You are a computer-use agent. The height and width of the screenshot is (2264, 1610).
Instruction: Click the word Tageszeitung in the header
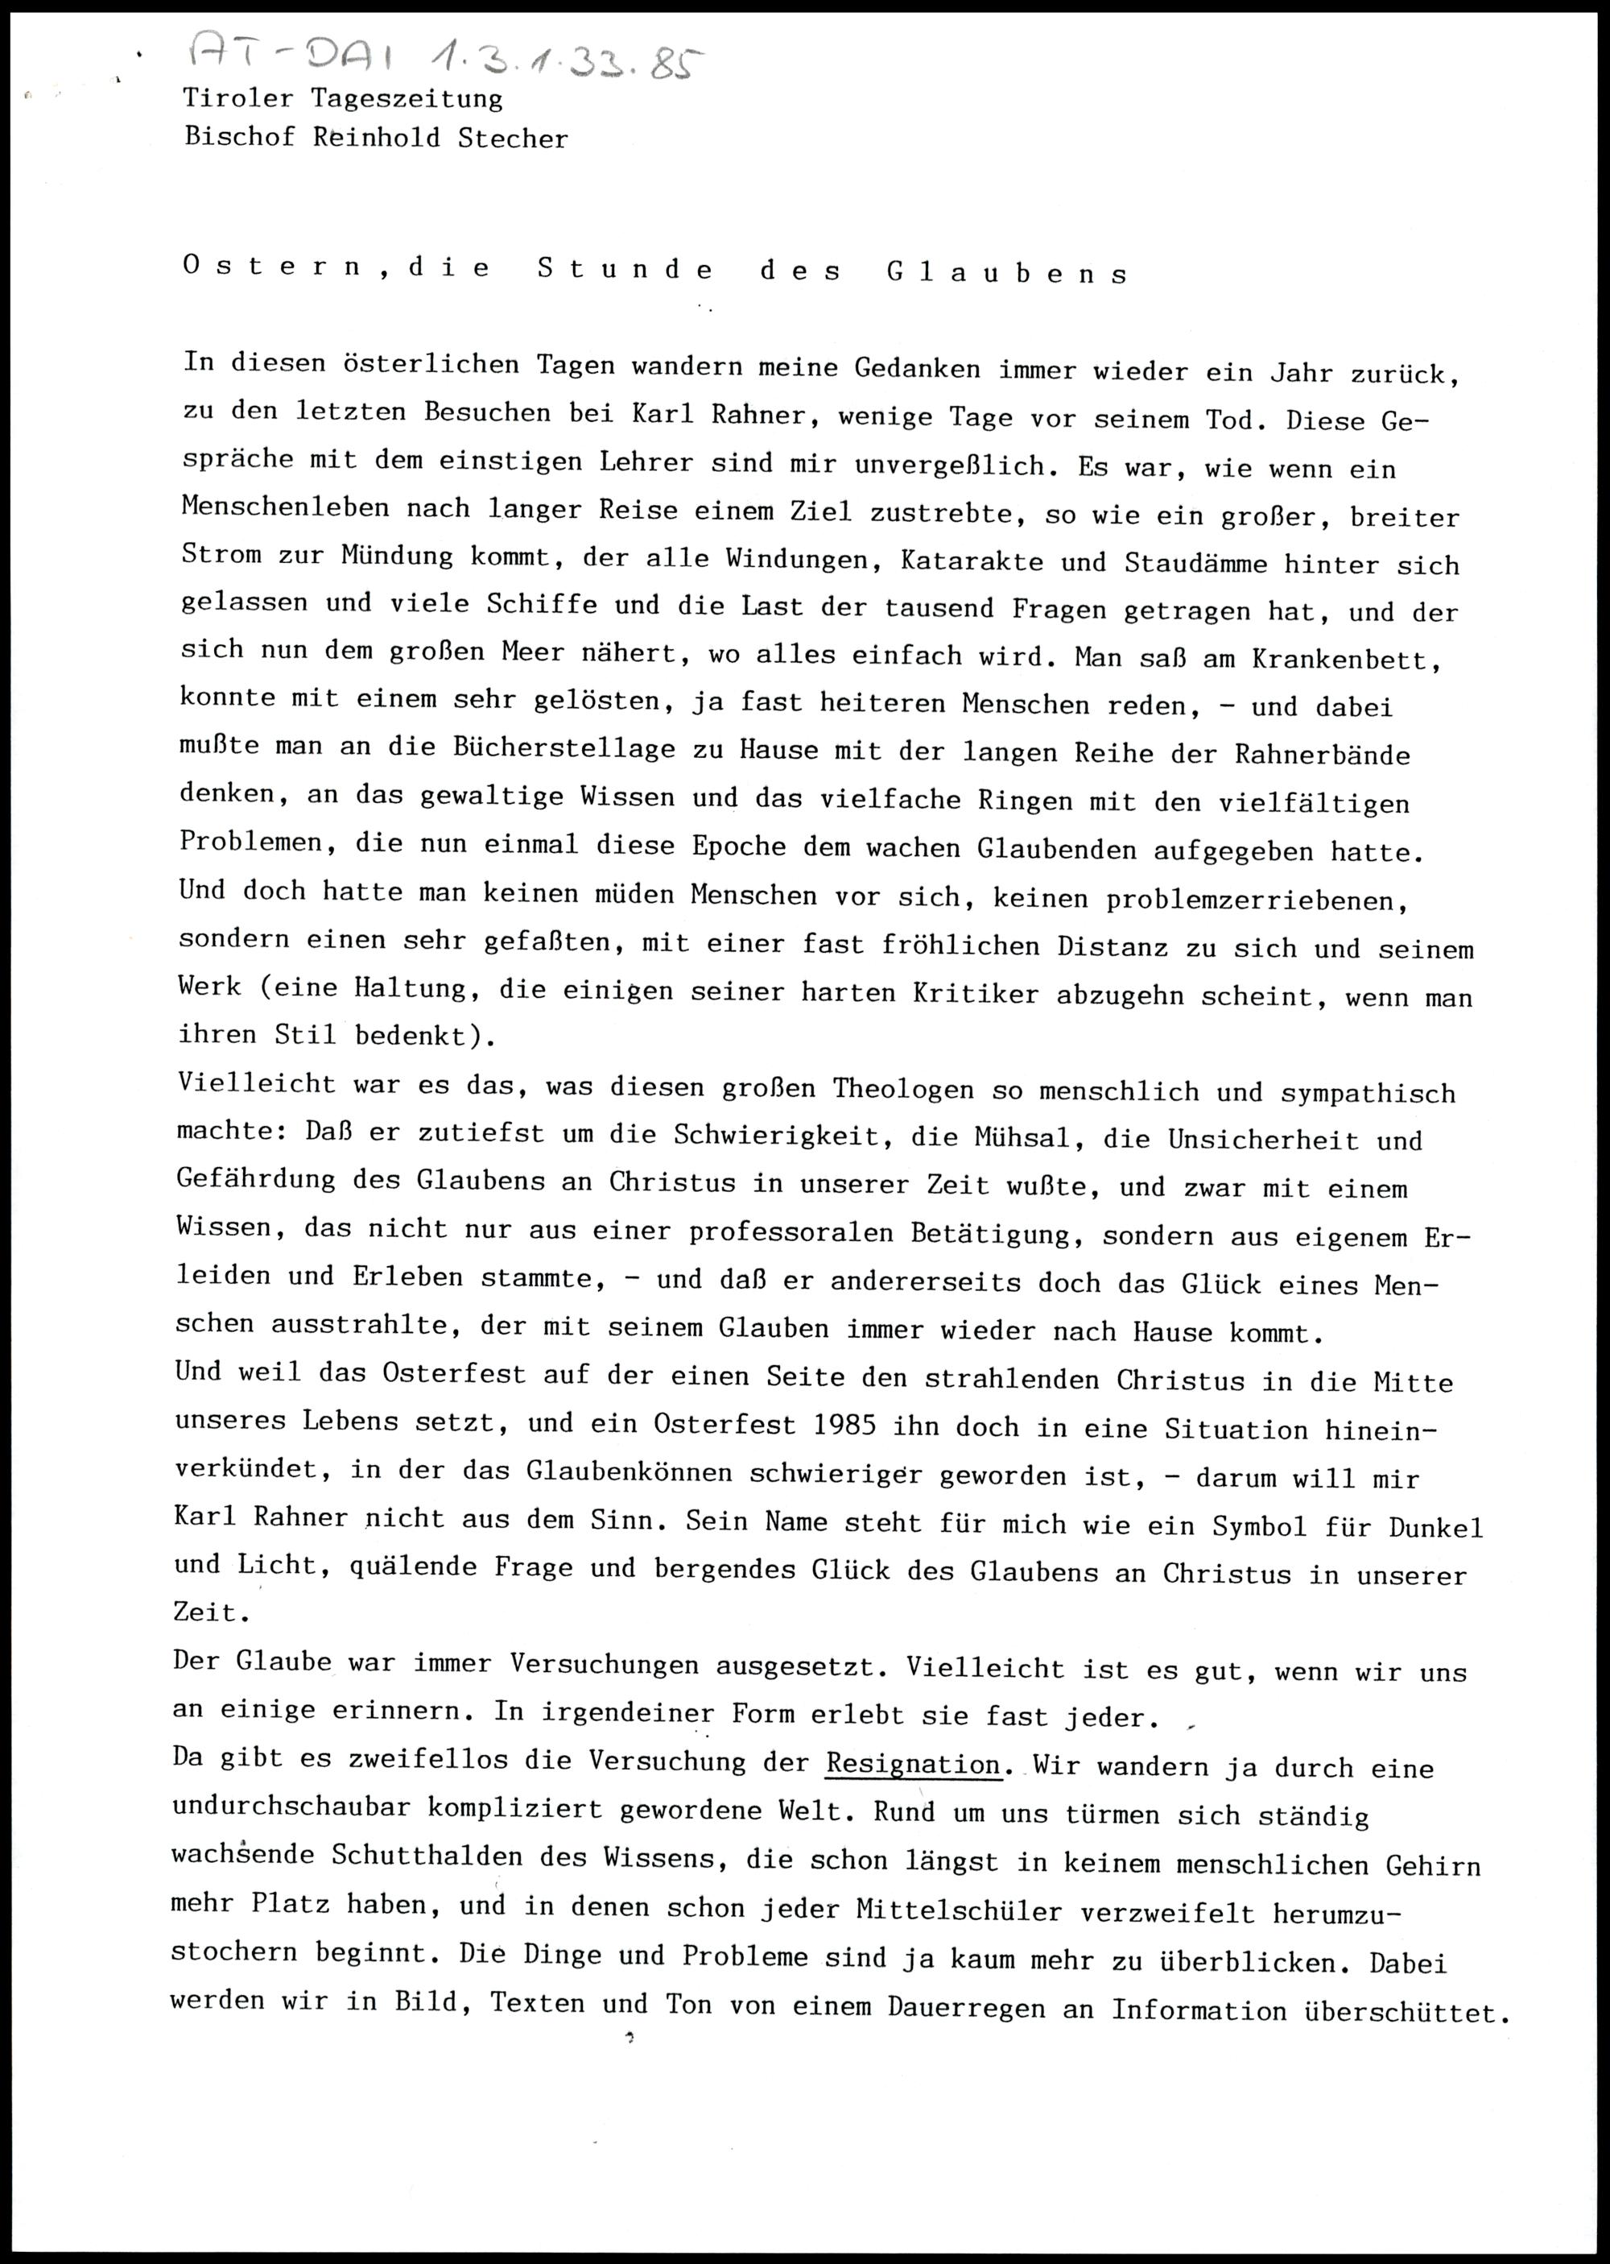407,99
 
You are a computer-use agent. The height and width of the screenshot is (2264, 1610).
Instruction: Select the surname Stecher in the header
513,138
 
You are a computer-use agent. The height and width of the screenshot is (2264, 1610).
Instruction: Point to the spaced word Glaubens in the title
1007,274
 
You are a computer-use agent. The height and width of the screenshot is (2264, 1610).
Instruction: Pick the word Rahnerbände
1322,755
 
